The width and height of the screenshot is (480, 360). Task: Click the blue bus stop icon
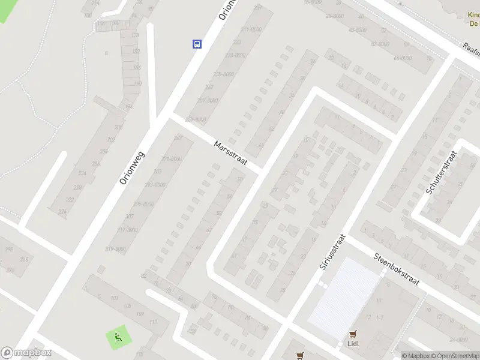tap(197, 43)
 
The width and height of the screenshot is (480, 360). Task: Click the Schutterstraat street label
tap(441, 172)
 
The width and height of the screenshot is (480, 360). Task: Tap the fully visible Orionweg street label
tap(133, 167)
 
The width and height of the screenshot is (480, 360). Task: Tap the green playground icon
tap(116, 338)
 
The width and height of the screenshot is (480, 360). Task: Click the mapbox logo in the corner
tap(26, 353)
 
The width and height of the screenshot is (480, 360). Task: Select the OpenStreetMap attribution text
tap(453, 356)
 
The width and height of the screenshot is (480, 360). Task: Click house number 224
tap(62, 211)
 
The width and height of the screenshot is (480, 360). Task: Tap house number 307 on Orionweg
tap(128, 216)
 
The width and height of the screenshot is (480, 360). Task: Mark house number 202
tap(110, 140)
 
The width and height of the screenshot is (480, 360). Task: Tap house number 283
tap(157, 172)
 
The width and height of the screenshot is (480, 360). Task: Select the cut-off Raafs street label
tap(472, 48)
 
